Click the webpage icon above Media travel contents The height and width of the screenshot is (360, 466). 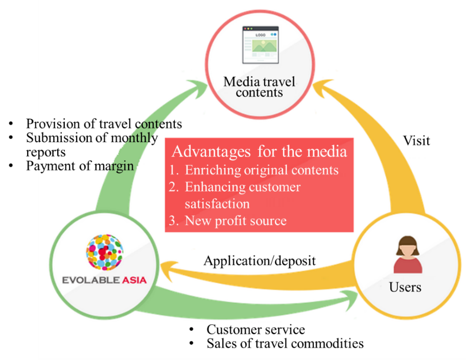261,45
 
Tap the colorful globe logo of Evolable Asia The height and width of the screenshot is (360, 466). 105,252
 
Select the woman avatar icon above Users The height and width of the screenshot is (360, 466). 408,255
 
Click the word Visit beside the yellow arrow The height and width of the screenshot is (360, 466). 416,141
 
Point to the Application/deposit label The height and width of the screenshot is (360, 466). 260,261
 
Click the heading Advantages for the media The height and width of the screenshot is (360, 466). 259,151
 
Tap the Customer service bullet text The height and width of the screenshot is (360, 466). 255,329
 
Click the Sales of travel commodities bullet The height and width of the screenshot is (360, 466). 285,343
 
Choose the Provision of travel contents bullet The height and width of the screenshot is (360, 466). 104,124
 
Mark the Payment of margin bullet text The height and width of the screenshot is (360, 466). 80,166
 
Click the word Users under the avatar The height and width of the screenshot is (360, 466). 405,287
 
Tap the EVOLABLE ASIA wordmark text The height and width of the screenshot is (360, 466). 104,280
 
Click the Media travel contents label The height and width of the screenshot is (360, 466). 260,87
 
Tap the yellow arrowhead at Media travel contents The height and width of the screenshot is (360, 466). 323,88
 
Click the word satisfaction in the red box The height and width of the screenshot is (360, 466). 217,204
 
